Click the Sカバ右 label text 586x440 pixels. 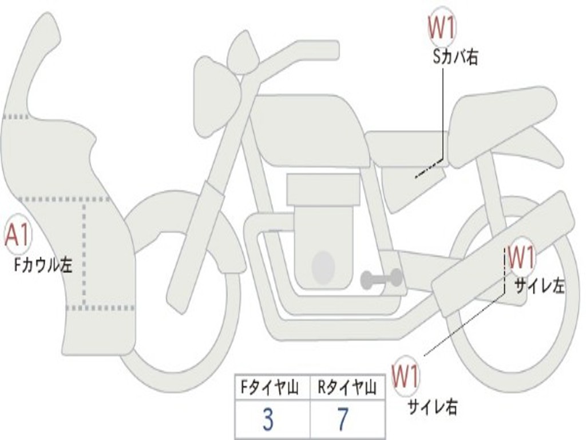point(456,57)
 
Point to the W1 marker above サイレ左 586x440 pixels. point(521,257)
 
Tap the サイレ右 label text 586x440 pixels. point(432,407)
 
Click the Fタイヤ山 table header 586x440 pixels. point(272,388)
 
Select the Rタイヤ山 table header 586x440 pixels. point(347,388)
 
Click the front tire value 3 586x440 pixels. point(268,421)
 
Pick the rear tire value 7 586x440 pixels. point(342,421)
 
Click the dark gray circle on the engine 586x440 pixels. point(323,267)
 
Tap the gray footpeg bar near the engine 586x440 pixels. point(381,279)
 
